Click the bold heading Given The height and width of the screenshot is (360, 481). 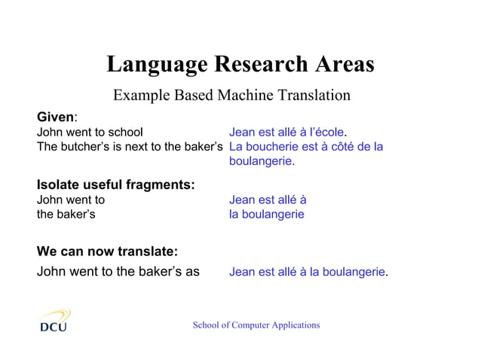(x=56, y=117)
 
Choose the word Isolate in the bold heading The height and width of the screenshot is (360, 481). (x=60, y=185)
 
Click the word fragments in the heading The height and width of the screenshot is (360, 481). (x=159, y=185)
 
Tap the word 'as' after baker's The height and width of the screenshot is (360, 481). (x=192, y=272)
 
